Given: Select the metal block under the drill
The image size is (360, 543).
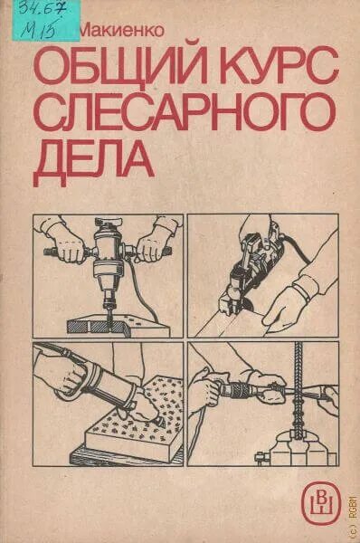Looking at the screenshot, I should pos(109,317).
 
